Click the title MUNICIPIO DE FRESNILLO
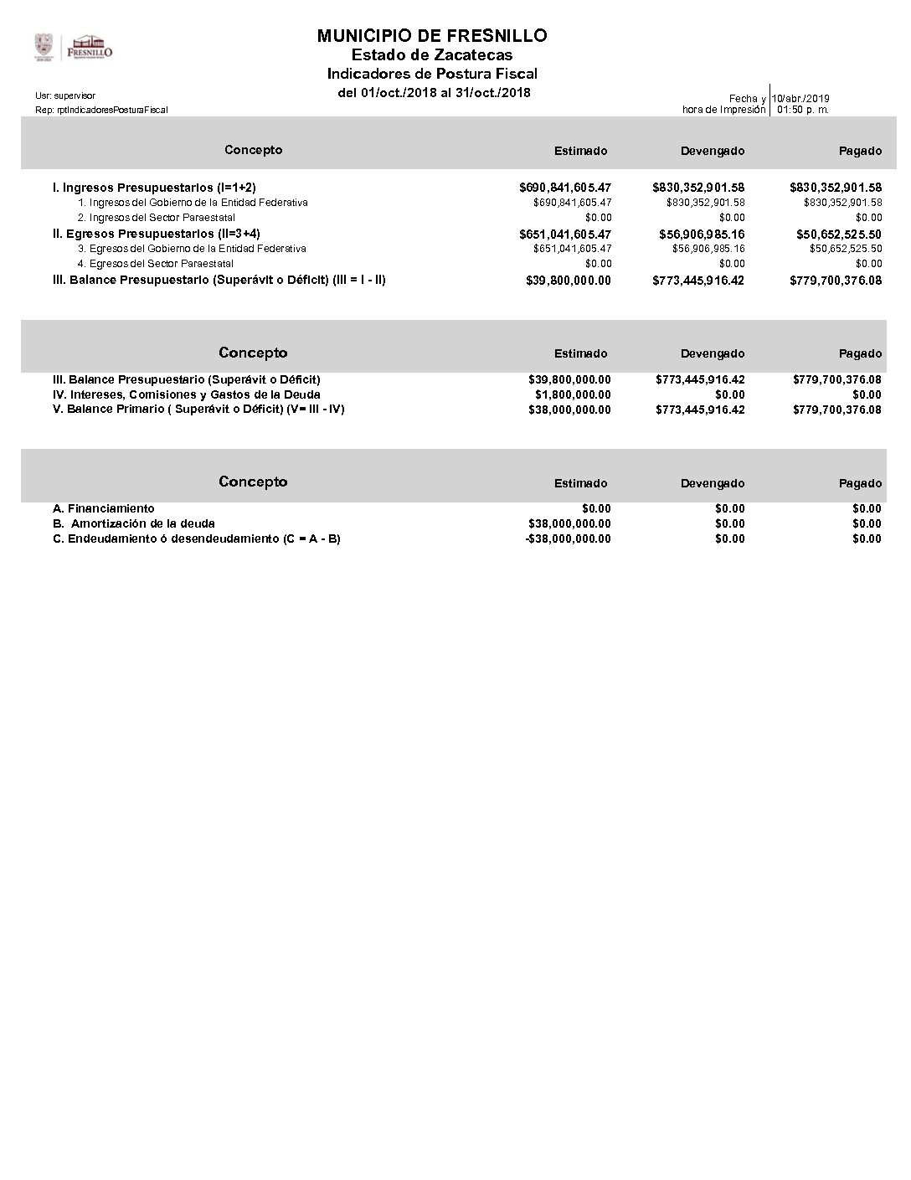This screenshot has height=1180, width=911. [432, 35]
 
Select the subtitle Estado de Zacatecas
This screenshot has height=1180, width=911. [432, 55]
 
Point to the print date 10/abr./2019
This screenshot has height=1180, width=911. [800, 99]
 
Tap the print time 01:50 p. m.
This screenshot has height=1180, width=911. [803, 110]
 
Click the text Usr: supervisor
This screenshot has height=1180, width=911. [65, 96]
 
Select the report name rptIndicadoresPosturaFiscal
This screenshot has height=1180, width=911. [101, 110]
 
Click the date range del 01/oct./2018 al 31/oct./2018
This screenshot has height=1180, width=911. [434, 92]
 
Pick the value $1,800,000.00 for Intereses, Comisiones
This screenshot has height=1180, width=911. [573, 394]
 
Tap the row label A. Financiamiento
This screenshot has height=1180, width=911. [104, 508]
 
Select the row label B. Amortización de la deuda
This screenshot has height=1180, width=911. [134, 523]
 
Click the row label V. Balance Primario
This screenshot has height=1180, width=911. [198, 410]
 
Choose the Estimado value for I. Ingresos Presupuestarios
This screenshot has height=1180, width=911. [565, 188]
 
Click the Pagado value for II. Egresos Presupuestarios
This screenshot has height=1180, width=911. [838, 234]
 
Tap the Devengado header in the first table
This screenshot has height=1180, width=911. [713, 151]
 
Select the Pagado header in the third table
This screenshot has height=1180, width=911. [860, 483]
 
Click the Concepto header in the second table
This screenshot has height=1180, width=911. [253, 353]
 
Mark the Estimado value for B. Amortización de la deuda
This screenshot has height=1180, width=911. [569, 523]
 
